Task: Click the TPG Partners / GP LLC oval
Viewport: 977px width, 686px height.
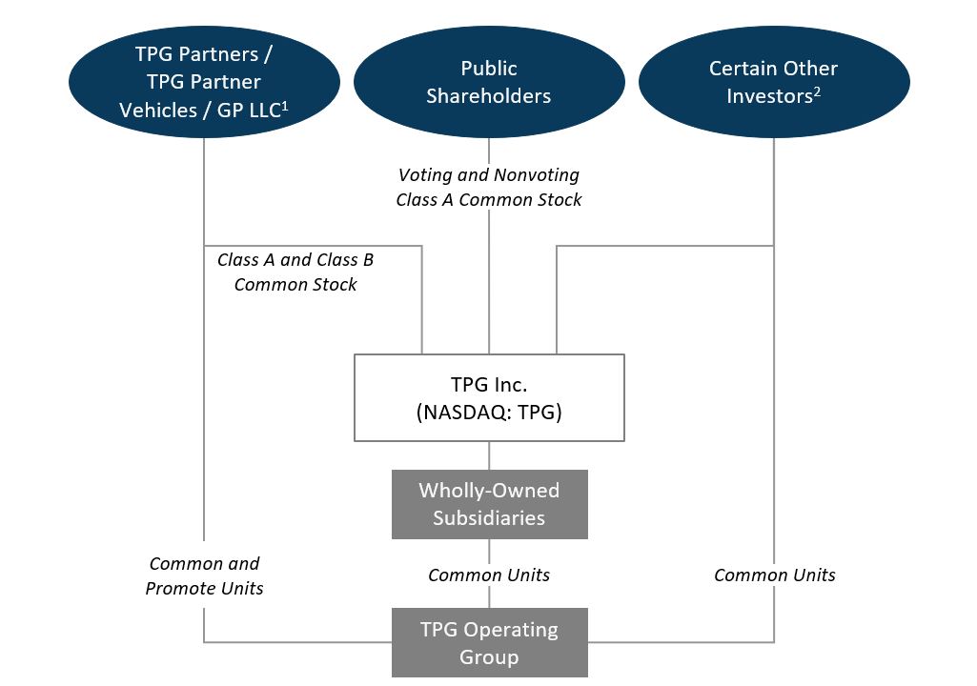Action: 204,81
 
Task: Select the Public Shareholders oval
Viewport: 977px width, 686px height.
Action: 489,81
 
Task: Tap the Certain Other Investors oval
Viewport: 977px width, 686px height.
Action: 773,81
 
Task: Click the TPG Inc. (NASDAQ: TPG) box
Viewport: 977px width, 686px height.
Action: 489,397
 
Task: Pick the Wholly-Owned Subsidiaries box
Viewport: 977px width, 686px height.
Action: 489,504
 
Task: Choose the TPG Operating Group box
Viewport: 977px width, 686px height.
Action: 489,643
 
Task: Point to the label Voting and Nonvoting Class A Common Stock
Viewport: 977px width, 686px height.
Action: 489,187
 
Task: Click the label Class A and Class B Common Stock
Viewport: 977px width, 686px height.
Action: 295,272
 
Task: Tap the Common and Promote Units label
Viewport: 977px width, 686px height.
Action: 204,575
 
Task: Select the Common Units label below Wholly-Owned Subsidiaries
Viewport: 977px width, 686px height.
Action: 489,575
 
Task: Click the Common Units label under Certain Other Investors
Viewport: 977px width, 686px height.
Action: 774,575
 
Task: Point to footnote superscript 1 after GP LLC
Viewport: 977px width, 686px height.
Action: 285,105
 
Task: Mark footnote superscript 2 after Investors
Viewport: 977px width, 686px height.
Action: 816,91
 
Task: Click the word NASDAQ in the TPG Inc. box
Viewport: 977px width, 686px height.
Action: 457,412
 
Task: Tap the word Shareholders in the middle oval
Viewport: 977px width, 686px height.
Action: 489,96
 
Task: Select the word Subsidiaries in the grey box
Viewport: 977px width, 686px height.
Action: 489,518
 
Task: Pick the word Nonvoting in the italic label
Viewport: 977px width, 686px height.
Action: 536,174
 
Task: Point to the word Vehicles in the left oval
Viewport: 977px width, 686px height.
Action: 157,110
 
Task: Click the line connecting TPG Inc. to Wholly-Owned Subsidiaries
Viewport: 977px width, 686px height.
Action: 489,455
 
